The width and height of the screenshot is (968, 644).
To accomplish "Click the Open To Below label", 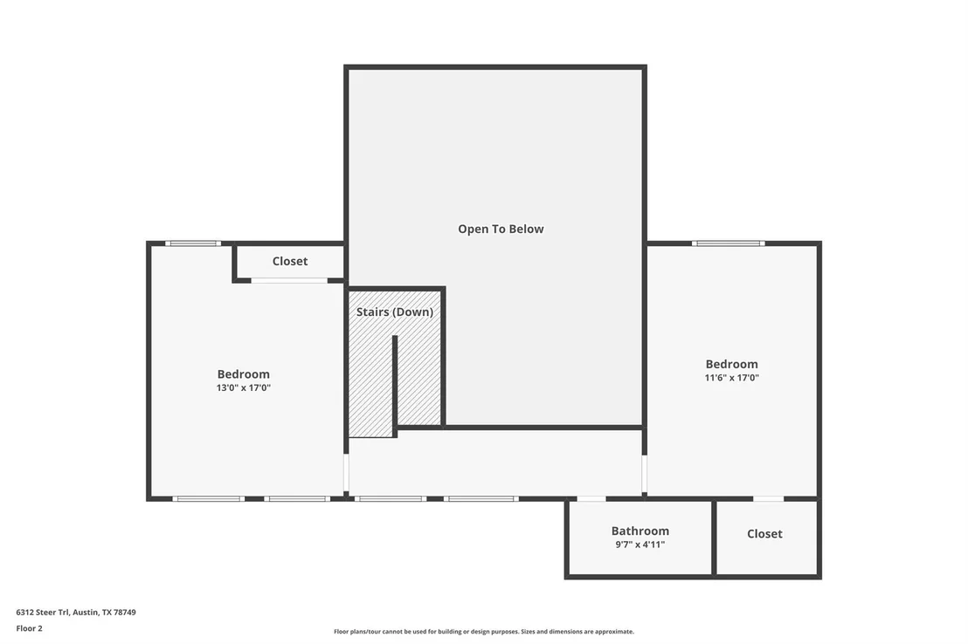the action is click(x=501, y=229).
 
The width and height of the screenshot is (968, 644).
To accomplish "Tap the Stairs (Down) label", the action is click(x=395, y=312).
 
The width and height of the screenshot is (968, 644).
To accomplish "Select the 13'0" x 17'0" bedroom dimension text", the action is click(x=243, y=387).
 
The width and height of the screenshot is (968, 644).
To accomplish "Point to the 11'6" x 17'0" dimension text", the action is click(x=731, y=378).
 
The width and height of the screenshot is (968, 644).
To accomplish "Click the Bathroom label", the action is click(x=640, y=531).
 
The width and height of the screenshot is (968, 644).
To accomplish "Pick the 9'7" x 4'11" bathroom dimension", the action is click(x=640, y=544).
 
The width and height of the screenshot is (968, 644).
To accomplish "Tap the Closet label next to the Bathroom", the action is click(x=764, y=533).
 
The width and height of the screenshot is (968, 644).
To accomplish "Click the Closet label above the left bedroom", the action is click(x=290, y=261).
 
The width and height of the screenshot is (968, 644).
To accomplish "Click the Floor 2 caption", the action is click(x=29, y=628).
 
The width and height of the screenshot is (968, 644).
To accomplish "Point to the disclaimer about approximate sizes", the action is click(x=484, y=631).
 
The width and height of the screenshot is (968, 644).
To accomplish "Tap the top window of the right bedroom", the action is click(x=729, y=243).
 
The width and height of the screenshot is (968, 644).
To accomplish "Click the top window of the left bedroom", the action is click(x=193, y=243).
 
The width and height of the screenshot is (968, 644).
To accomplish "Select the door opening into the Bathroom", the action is click(x=591, y=498).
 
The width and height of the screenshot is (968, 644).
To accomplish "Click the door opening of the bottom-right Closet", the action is click(x=769, y=498).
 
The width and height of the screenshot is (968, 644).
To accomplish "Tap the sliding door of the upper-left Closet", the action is click(x=289, y=281).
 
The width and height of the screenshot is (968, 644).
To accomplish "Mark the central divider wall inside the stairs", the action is click(x=395, y=387).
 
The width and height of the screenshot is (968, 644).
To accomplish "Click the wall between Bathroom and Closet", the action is click(x=714, y=538).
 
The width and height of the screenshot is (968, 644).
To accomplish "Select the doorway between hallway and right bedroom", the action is click(x=645, y=474).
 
